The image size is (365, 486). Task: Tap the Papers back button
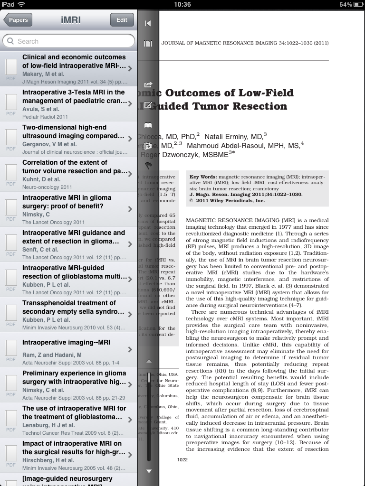(18, 20)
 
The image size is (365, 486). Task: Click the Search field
(68, 41)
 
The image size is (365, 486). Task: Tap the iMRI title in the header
(71, 20)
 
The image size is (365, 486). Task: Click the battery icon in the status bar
(358, 4)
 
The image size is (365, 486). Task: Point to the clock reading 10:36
(182, 4)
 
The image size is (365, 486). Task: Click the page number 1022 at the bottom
(182, 459)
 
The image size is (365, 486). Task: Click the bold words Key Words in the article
(203, 177)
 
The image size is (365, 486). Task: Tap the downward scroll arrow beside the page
(149, 471)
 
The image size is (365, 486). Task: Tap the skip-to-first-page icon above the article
(148, 23)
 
